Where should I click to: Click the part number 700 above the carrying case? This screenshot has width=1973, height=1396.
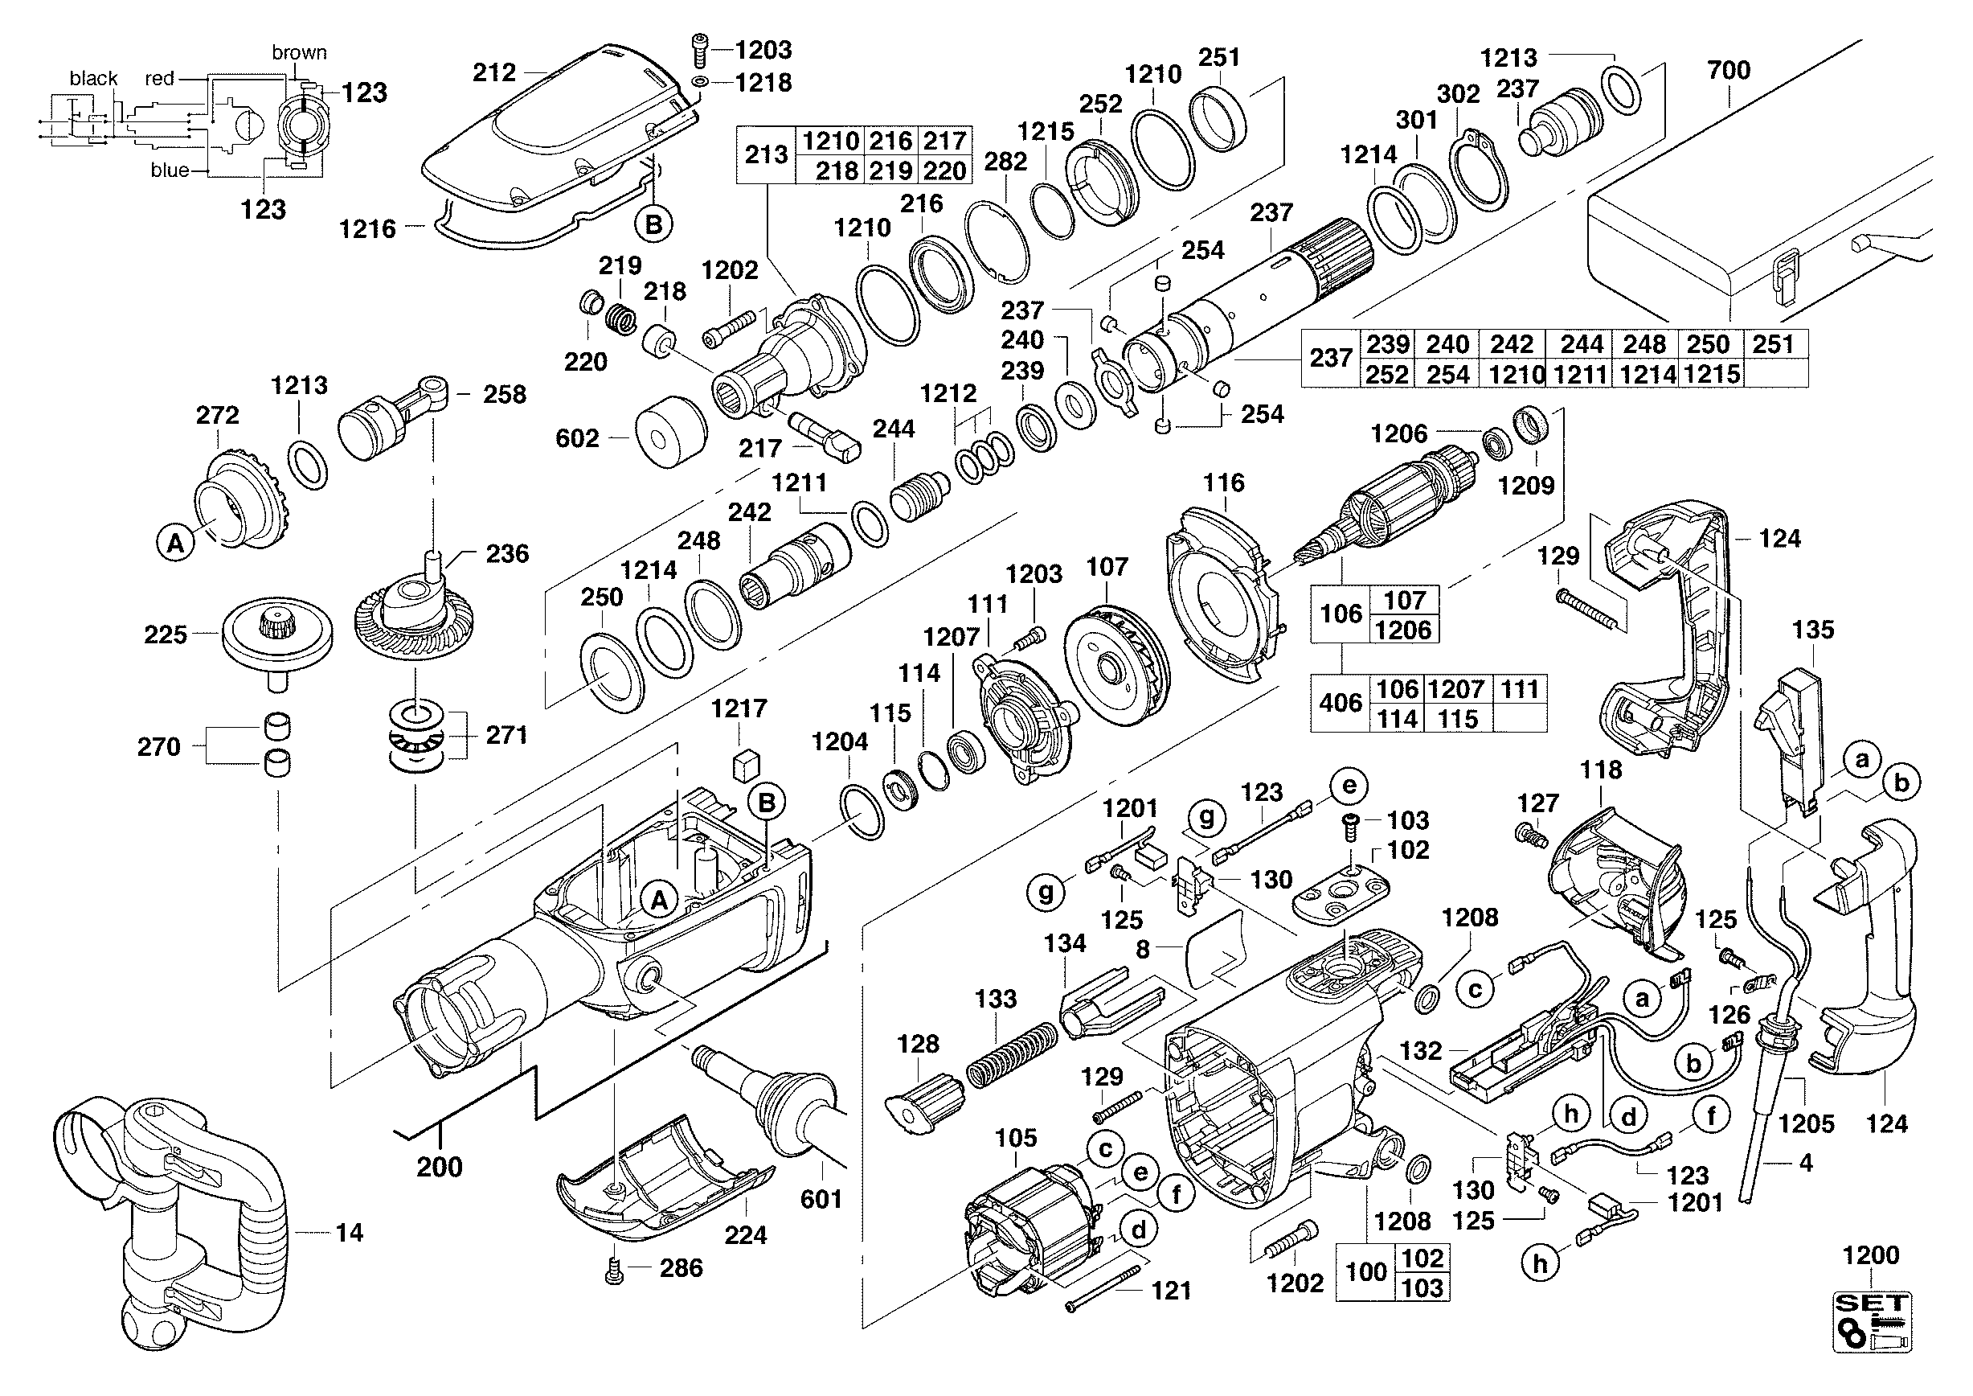point(1728,71)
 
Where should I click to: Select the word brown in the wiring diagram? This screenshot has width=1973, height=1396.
point(299,52)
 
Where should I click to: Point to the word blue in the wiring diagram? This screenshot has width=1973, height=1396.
point(170,170)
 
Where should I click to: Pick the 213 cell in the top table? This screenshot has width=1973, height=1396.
point(766,154)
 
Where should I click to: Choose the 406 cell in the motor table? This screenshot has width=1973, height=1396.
point(1340,703)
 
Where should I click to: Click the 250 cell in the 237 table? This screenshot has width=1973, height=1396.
point(1708,345)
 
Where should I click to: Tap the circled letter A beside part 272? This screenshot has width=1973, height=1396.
point(175,544)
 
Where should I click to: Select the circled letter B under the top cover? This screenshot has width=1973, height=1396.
point(654,225)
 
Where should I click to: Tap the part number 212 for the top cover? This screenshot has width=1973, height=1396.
point(494,72)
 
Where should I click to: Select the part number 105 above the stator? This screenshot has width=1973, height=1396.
point(1016,1138)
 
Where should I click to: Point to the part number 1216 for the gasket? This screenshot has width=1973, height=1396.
point(367,228)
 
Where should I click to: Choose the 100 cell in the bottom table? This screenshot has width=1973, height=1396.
point(1365,1272)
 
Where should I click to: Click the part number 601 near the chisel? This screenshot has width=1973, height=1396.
point(821,1199)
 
